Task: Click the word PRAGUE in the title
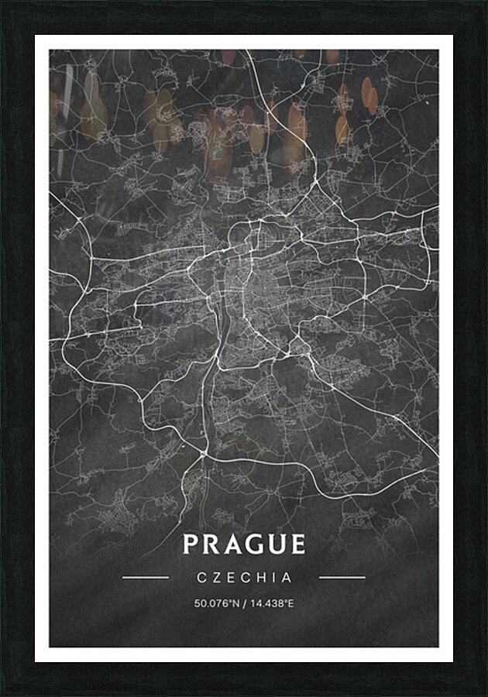244,544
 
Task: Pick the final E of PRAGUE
297,544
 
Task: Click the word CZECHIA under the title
244,578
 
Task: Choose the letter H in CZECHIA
263,578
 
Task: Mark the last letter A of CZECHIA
287,578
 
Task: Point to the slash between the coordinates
243,603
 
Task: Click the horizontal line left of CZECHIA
146,577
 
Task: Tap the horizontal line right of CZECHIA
342,577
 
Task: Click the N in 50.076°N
234,603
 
